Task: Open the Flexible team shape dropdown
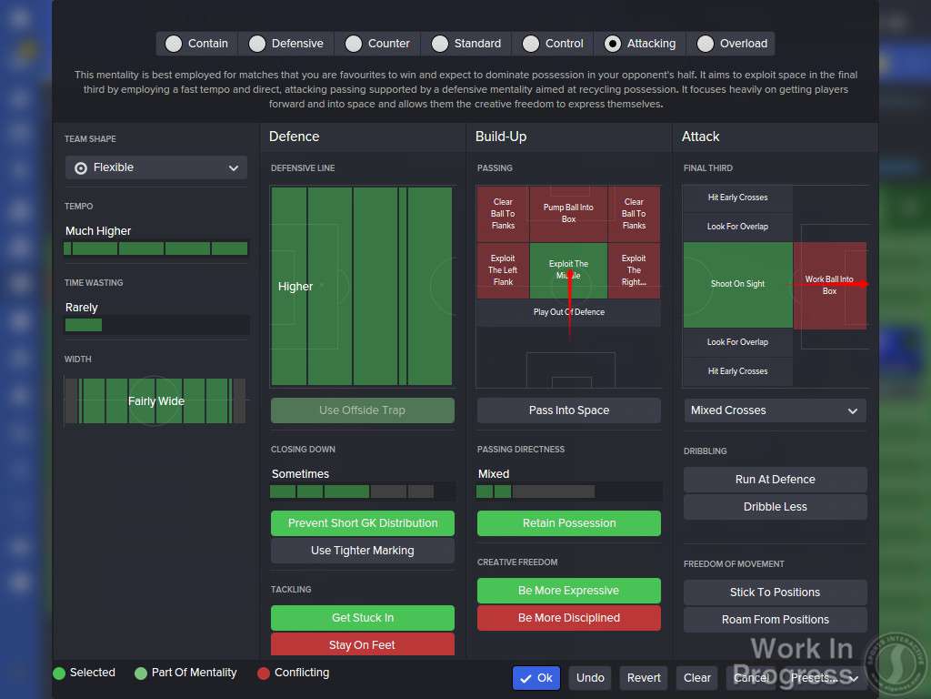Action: [156, 167]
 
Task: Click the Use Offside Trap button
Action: [362, 410]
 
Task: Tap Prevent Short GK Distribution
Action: [362, 523]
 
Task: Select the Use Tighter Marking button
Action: [362, 551]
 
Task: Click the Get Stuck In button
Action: [362, 618]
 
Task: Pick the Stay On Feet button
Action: [362, 644]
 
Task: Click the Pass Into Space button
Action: [569, 410]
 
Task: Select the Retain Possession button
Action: [569, 523]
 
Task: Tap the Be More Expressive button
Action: [569, 591]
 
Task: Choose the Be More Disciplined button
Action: [569, 618]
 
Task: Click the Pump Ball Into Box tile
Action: [568, 214]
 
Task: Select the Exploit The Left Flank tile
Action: [503, 270]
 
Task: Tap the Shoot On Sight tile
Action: [737, 284]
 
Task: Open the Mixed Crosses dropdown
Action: [775, 410]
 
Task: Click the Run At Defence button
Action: [775, 480]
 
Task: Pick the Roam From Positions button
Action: [775, 620]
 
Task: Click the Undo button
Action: [590, 678]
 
